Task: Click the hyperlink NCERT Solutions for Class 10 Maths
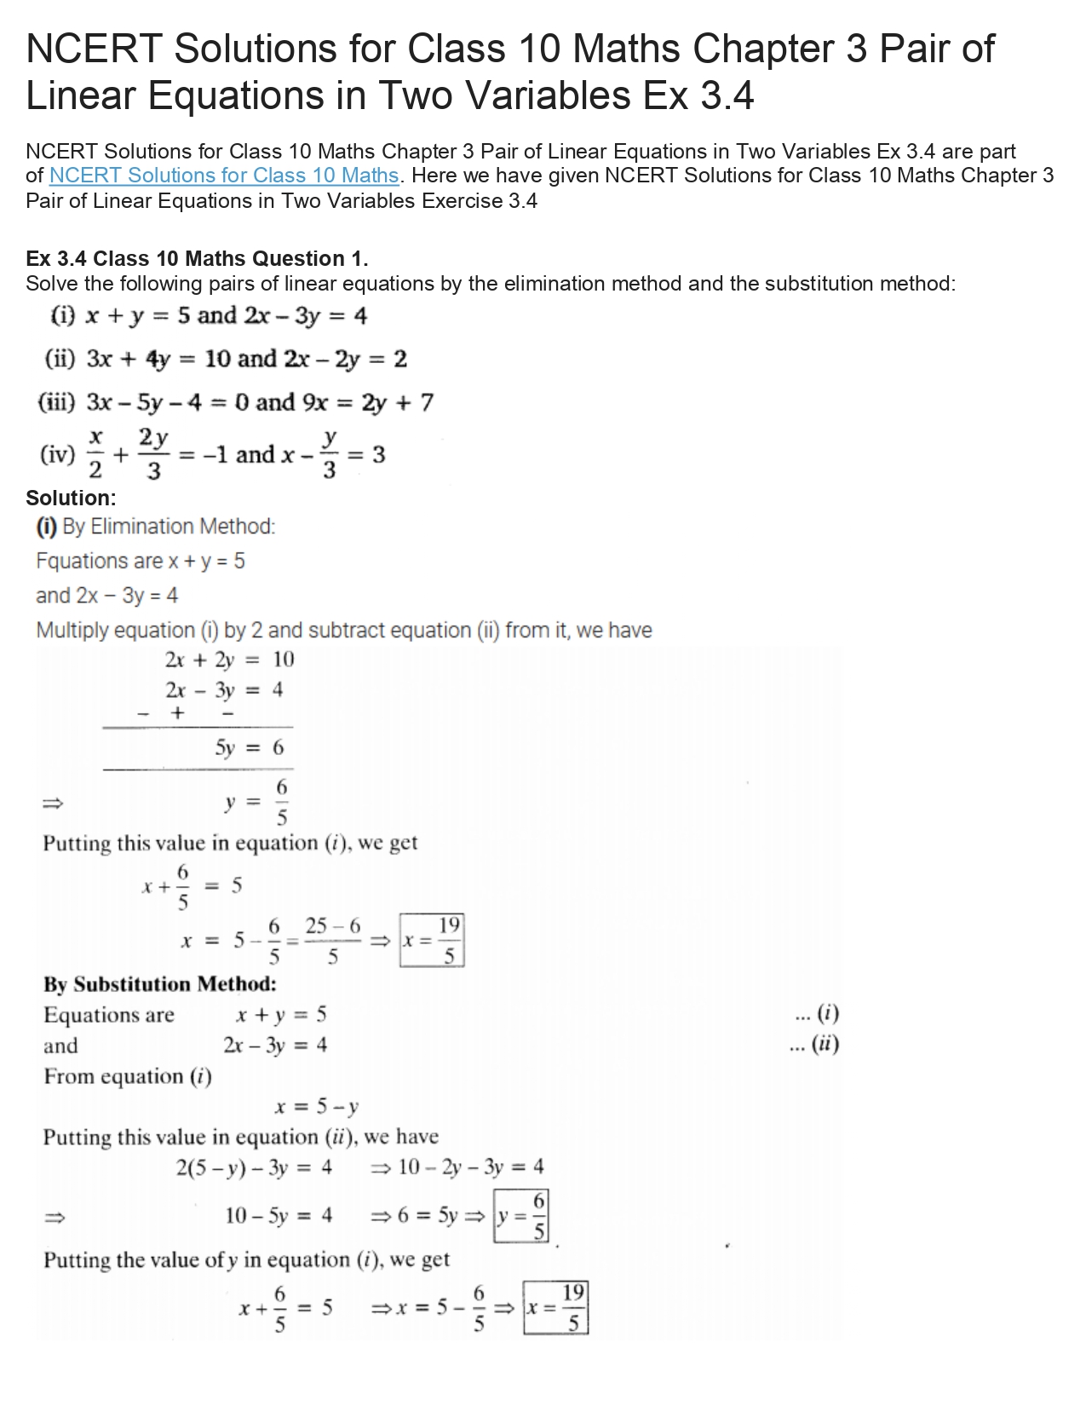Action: pyautogui.click(x=224, y=176)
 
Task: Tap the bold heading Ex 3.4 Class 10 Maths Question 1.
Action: pyautogui.click(x=197, y=258)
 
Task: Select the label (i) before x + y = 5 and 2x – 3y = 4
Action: pyautogui.click(x=63, y=316)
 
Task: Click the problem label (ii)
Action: pyautogui.click(x=60, y=359)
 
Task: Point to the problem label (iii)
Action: pyautogui.click(x=57, y=402)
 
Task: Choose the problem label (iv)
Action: pyautogui.click(x=57, y=454)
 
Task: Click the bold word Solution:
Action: pyautogui.click(x=71, y=498)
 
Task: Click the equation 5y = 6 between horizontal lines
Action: pyautogui.click(x=249, y=748)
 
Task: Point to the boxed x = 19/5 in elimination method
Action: pyautogui.click(x=432, y=941)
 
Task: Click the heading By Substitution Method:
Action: pyautogui.click(x=160, y=984)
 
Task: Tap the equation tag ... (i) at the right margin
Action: pyautogui.click(x=815, y=1014)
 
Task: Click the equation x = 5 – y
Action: pyautogui.click(x=316, y=1107)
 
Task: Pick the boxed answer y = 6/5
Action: pyautogui.click(x=520, y=1216)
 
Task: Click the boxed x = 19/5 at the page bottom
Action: pyautogui.click(x=555, y=1308)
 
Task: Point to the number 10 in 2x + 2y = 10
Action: pyautogui.click(x=283, y=659)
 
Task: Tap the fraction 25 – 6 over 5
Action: pyautogui.click(x=332, y=941)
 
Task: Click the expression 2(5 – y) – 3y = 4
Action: pyautogui.click(x=254, y=1167)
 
